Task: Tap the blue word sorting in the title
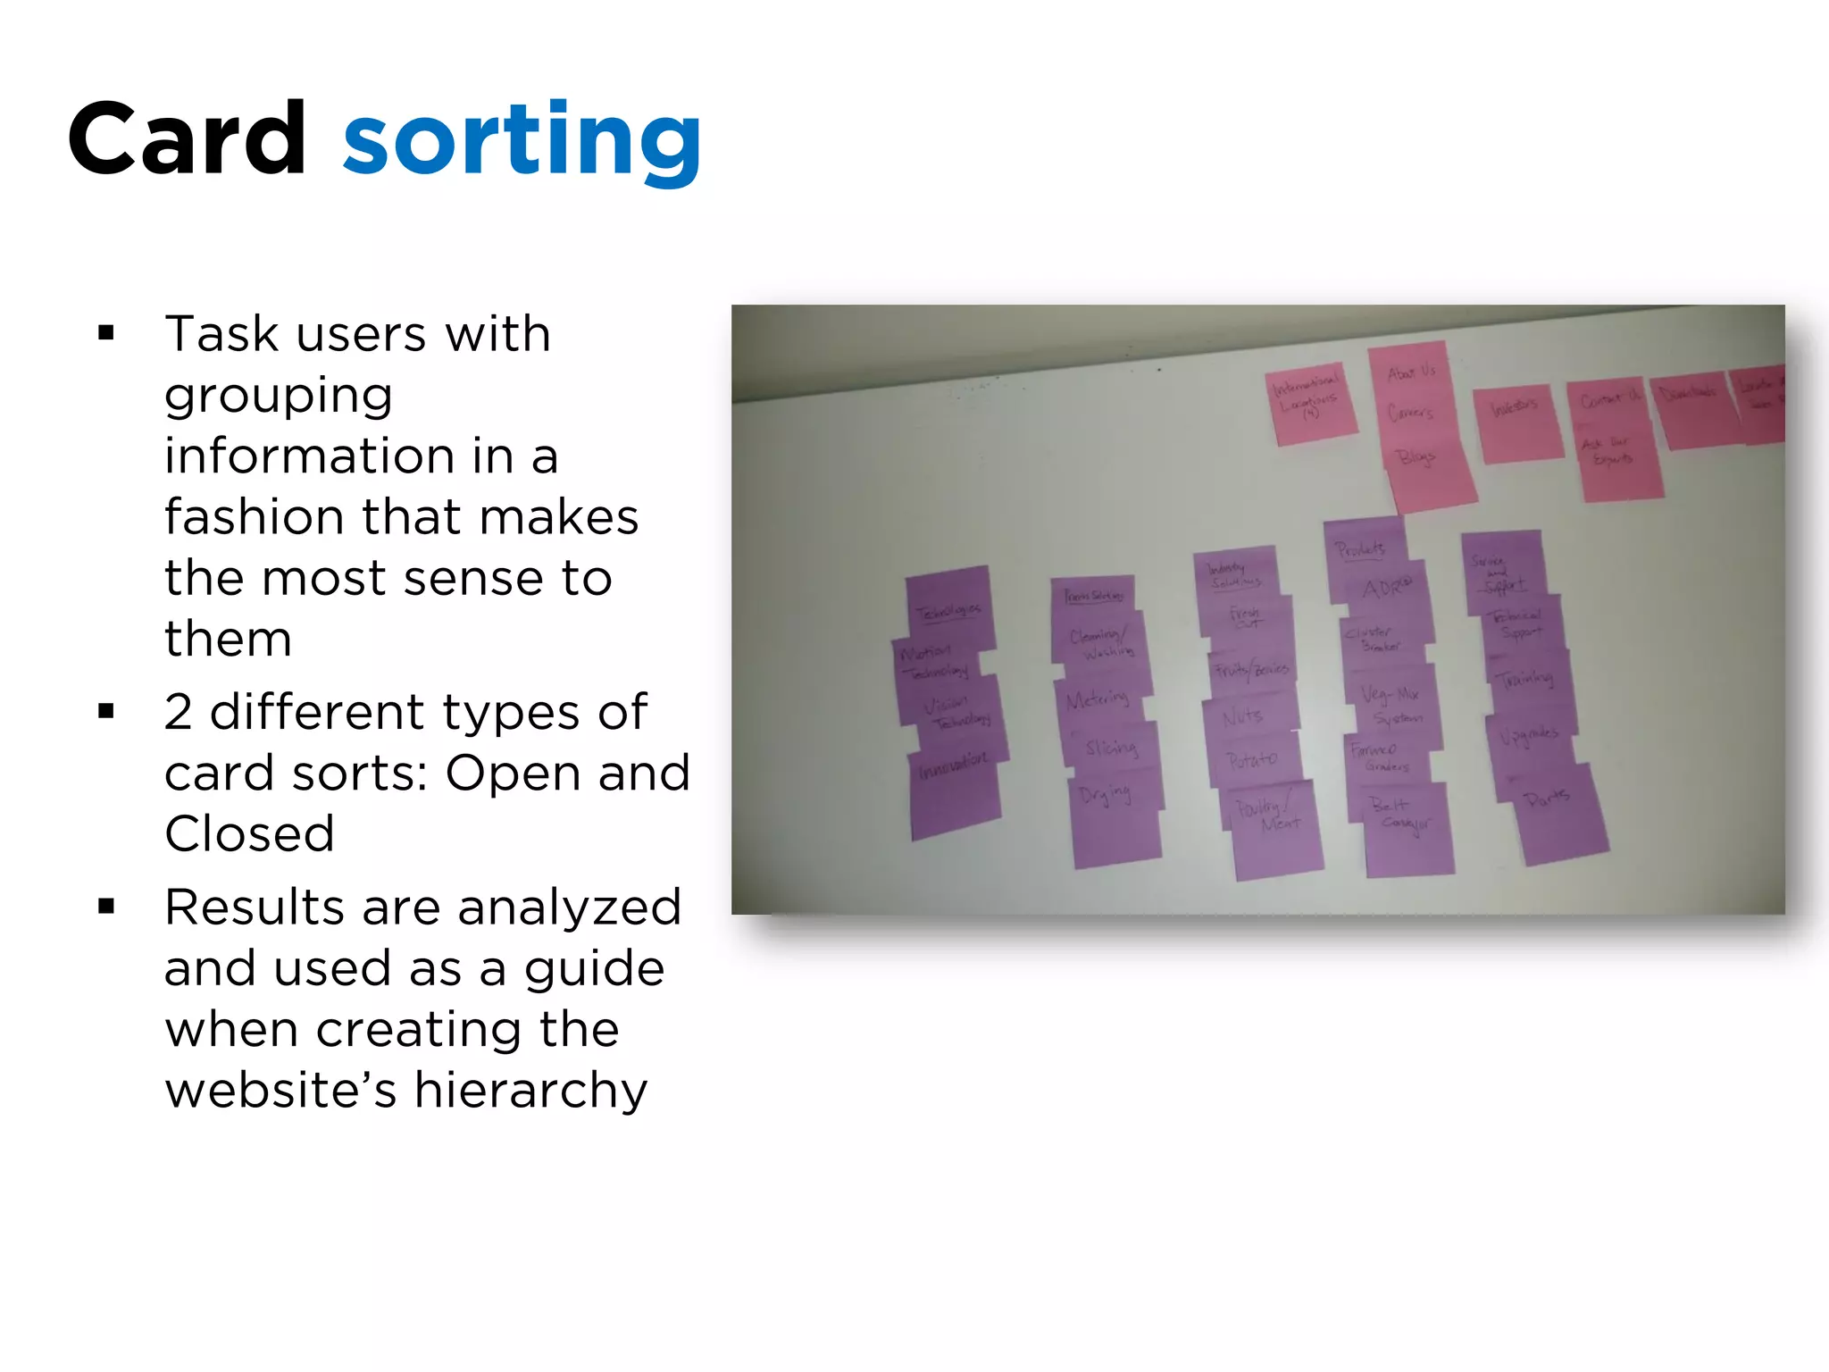(x=522, y=141)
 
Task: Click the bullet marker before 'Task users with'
(x=106, y=334)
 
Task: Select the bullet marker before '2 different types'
(x=106, y=712)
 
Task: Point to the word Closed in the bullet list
(x=249, y=833)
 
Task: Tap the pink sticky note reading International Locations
(x=1309, y=405)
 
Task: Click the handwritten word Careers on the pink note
(x=1410, y=413)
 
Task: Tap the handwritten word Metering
(x=1097, y=699)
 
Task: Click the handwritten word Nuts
(x=1242, y=715)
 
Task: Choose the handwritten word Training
(x=1525, y=679)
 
